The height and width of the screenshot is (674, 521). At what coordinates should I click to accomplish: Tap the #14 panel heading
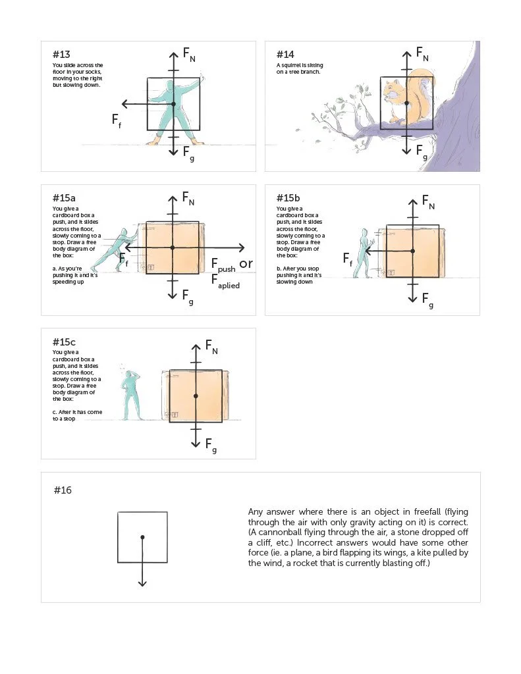point(285,54)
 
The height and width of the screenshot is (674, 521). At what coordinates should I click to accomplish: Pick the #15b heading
point(288,197)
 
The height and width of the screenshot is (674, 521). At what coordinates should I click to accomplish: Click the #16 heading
point(63,490)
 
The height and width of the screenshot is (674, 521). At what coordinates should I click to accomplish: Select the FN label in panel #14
point(423,55)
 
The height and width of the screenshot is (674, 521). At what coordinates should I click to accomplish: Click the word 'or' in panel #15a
point(246,264)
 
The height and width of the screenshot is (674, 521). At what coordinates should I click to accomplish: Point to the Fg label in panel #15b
point(427,300)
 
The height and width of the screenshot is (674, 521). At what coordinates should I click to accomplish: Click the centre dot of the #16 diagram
point(142,537)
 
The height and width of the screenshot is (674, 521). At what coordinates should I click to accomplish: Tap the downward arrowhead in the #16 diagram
point(142,583)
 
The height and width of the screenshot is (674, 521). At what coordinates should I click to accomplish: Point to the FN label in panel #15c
point(211,346)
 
